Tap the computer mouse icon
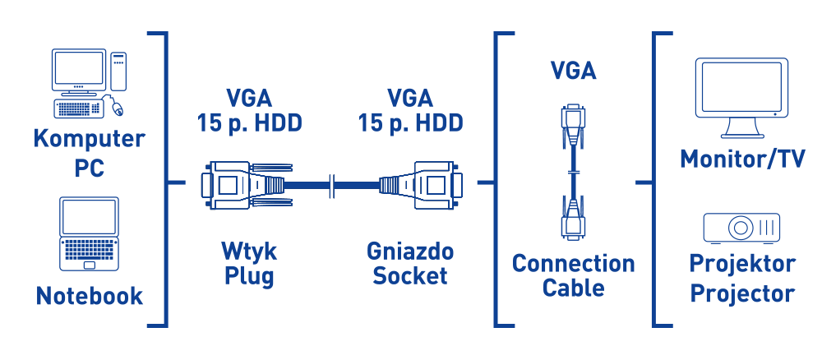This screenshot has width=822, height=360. (117, 106)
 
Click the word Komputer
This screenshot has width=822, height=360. (89, 138)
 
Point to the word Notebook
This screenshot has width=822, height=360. (89, 295)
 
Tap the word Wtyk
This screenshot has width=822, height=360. (248, 250)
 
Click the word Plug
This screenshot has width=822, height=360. (248, 275)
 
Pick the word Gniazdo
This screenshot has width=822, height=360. (409, 250)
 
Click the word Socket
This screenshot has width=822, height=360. (409, 275)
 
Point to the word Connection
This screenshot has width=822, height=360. (573, 264)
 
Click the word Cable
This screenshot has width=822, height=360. (573, 288)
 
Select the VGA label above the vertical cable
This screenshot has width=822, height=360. (573, 72)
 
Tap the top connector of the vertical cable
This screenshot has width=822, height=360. (573, 124)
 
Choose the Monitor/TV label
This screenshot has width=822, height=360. (741, 159)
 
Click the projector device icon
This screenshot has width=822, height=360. (741, 227)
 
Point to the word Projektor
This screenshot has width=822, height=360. (742, 265)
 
